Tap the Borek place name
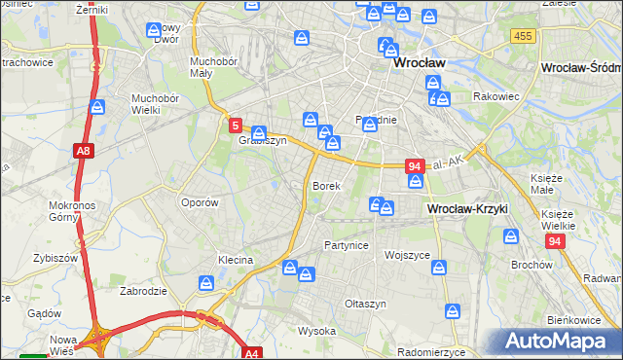pyautogui.click(x=325, y=185)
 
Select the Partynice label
pyautogui.click(x=347, y=245)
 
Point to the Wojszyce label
pyautogui.click(x=407, y=255)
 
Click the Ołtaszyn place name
pyautogui.click(x=366, y=304)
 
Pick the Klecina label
pyautogui.click(x=236, y=260)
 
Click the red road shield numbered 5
pyautogui.click(x=236, y=126)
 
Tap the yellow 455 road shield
pyautogui.click(x=522, y=35)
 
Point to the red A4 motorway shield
pyautogui.click(x=252, y=354)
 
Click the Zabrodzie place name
pyautogui.click(x=145, y=290)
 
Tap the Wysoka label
pyautogui.click(x=316, y=330)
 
